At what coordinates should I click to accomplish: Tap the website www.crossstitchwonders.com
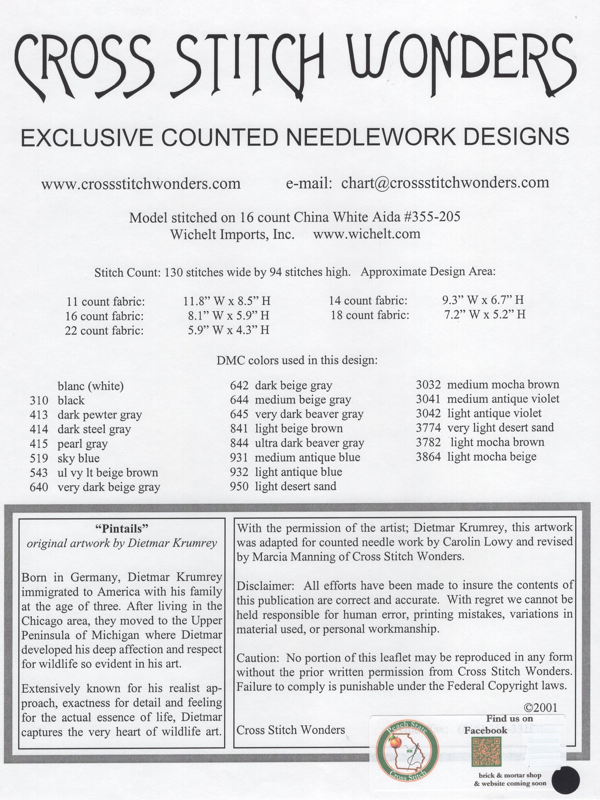pyautogui.click(x=141, y=184)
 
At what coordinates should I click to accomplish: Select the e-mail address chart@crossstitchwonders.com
pyautogui.click(x=445, y=183)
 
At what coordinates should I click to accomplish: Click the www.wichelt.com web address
pyautogui.click(x=366, y=234)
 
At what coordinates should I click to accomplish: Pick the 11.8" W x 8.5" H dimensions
pyautogui.click(x=226, y=301)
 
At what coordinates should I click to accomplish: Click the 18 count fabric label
pyautogui.click(x=370, y=315)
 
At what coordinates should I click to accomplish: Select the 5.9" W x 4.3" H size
pyautogui.click(x=228, y=330)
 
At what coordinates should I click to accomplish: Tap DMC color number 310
pyautogui.click(x=39, y=400)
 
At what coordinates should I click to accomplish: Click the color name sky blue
pyautogui.click(x=79, y=458)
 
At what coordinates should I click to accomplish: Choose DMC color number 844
pyautogui.click(x=239, y=443)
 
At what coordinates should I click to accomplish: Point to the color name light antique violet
pyautogui.click(x=494, y=413)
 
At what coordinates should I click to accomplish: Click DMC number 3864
pyautogui.click(x=428, y=457)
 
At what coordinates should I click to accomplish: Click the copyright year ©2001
pyautogui.click(x=540, y=707)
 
